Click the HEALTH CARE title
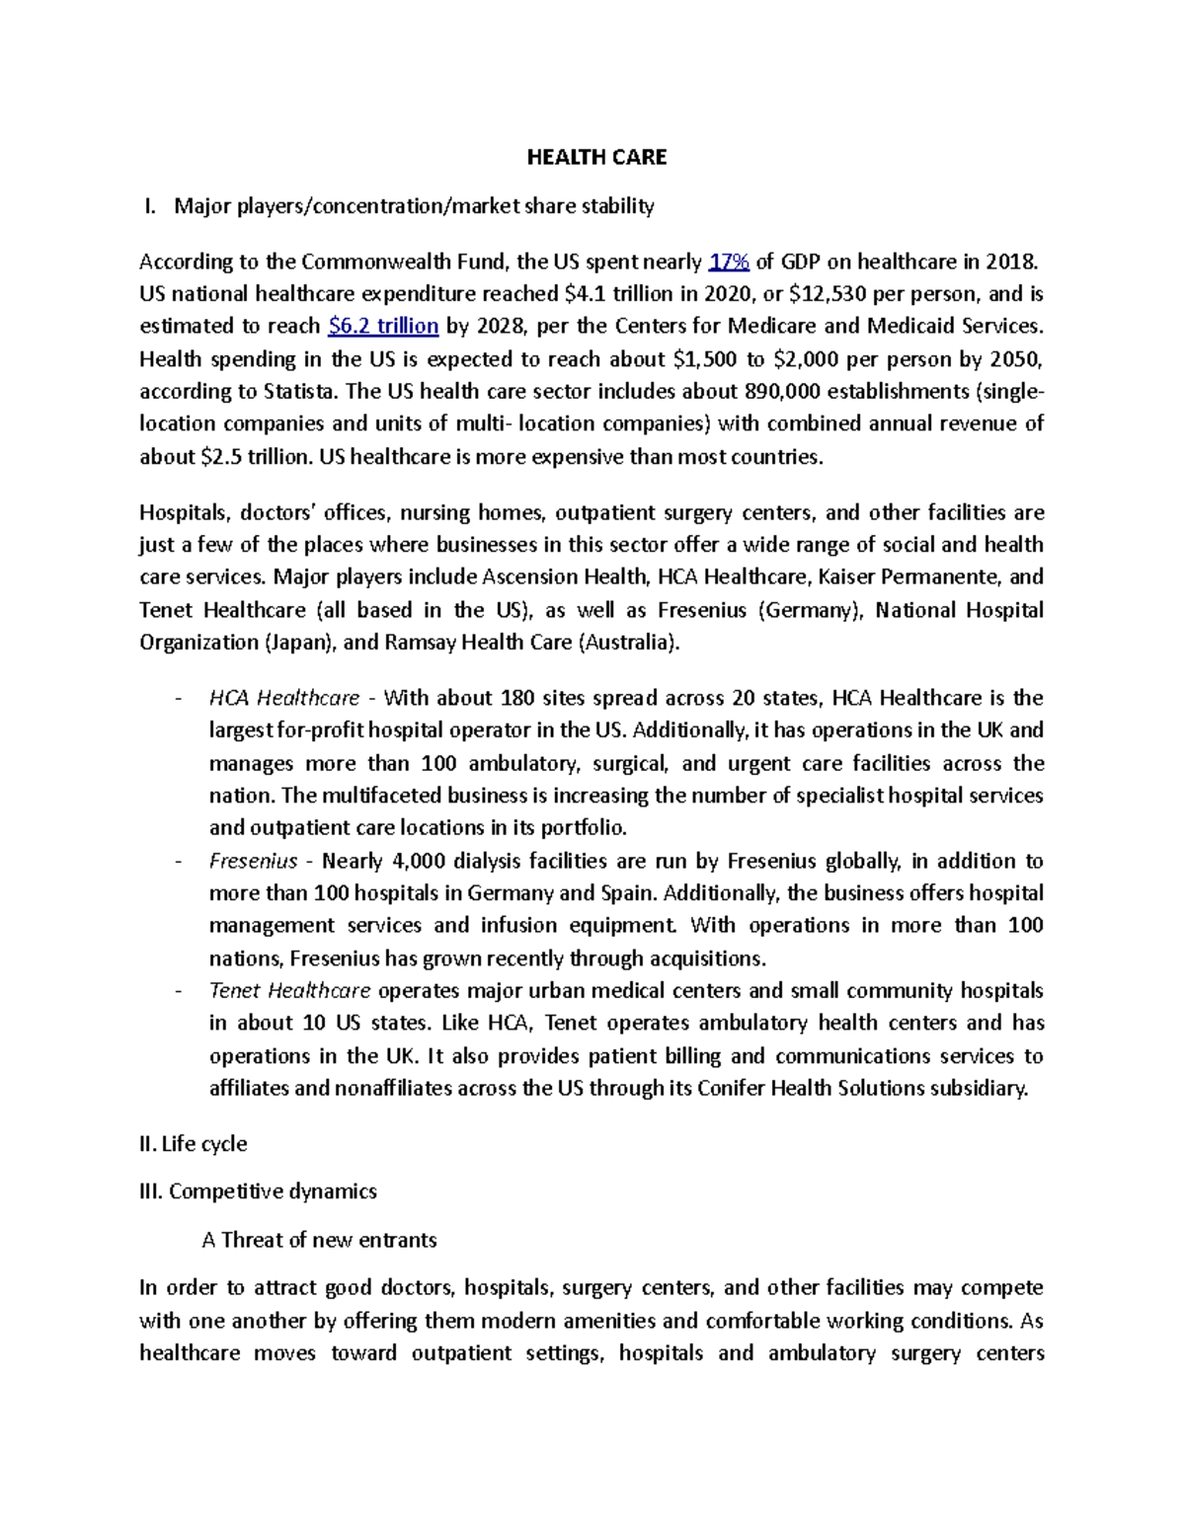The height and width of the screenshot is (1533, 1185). point(596,157)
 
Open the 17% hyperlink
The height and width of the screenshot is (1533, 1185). point(730,262)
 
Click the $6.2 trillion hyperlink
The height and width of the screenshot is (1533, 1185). point(382,327)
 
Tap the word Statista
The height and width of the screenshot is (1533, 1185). point(301,392)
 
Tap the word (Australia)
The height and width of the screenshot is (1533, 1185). point(629,643)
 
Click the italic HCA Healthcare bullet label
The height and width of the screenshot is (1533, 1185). point(284,699)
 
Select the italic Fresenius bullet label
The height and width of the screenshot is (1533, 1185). point(253,861)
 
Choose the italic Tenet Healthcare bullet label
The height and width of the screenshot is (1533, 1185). point(289,991)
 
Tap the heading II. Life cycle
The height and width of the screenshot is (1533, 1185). point(194,1144)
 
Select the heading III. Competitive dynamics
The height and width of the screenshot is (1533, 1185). point(259,1191)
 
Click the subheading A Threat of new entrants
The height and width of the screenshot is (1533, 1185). point(319,1240)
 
